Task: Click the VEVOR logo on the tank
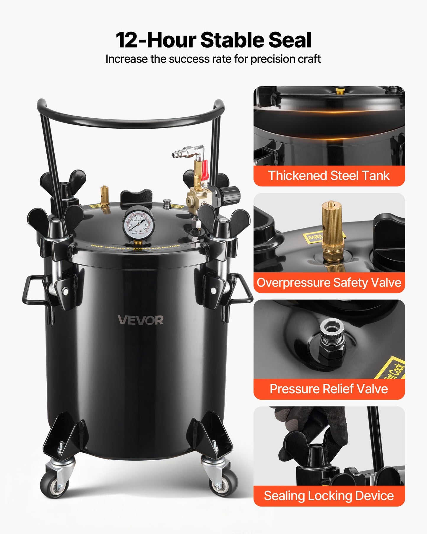[140, 320]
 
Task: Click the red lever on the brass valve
[204, 170]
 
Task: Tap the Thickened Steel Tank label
[329, 176]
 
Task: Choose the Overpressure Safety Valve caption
[329, 282]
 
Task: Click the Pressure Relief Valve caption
[329, 389]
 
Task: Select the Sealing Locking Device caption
[329, 496]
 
